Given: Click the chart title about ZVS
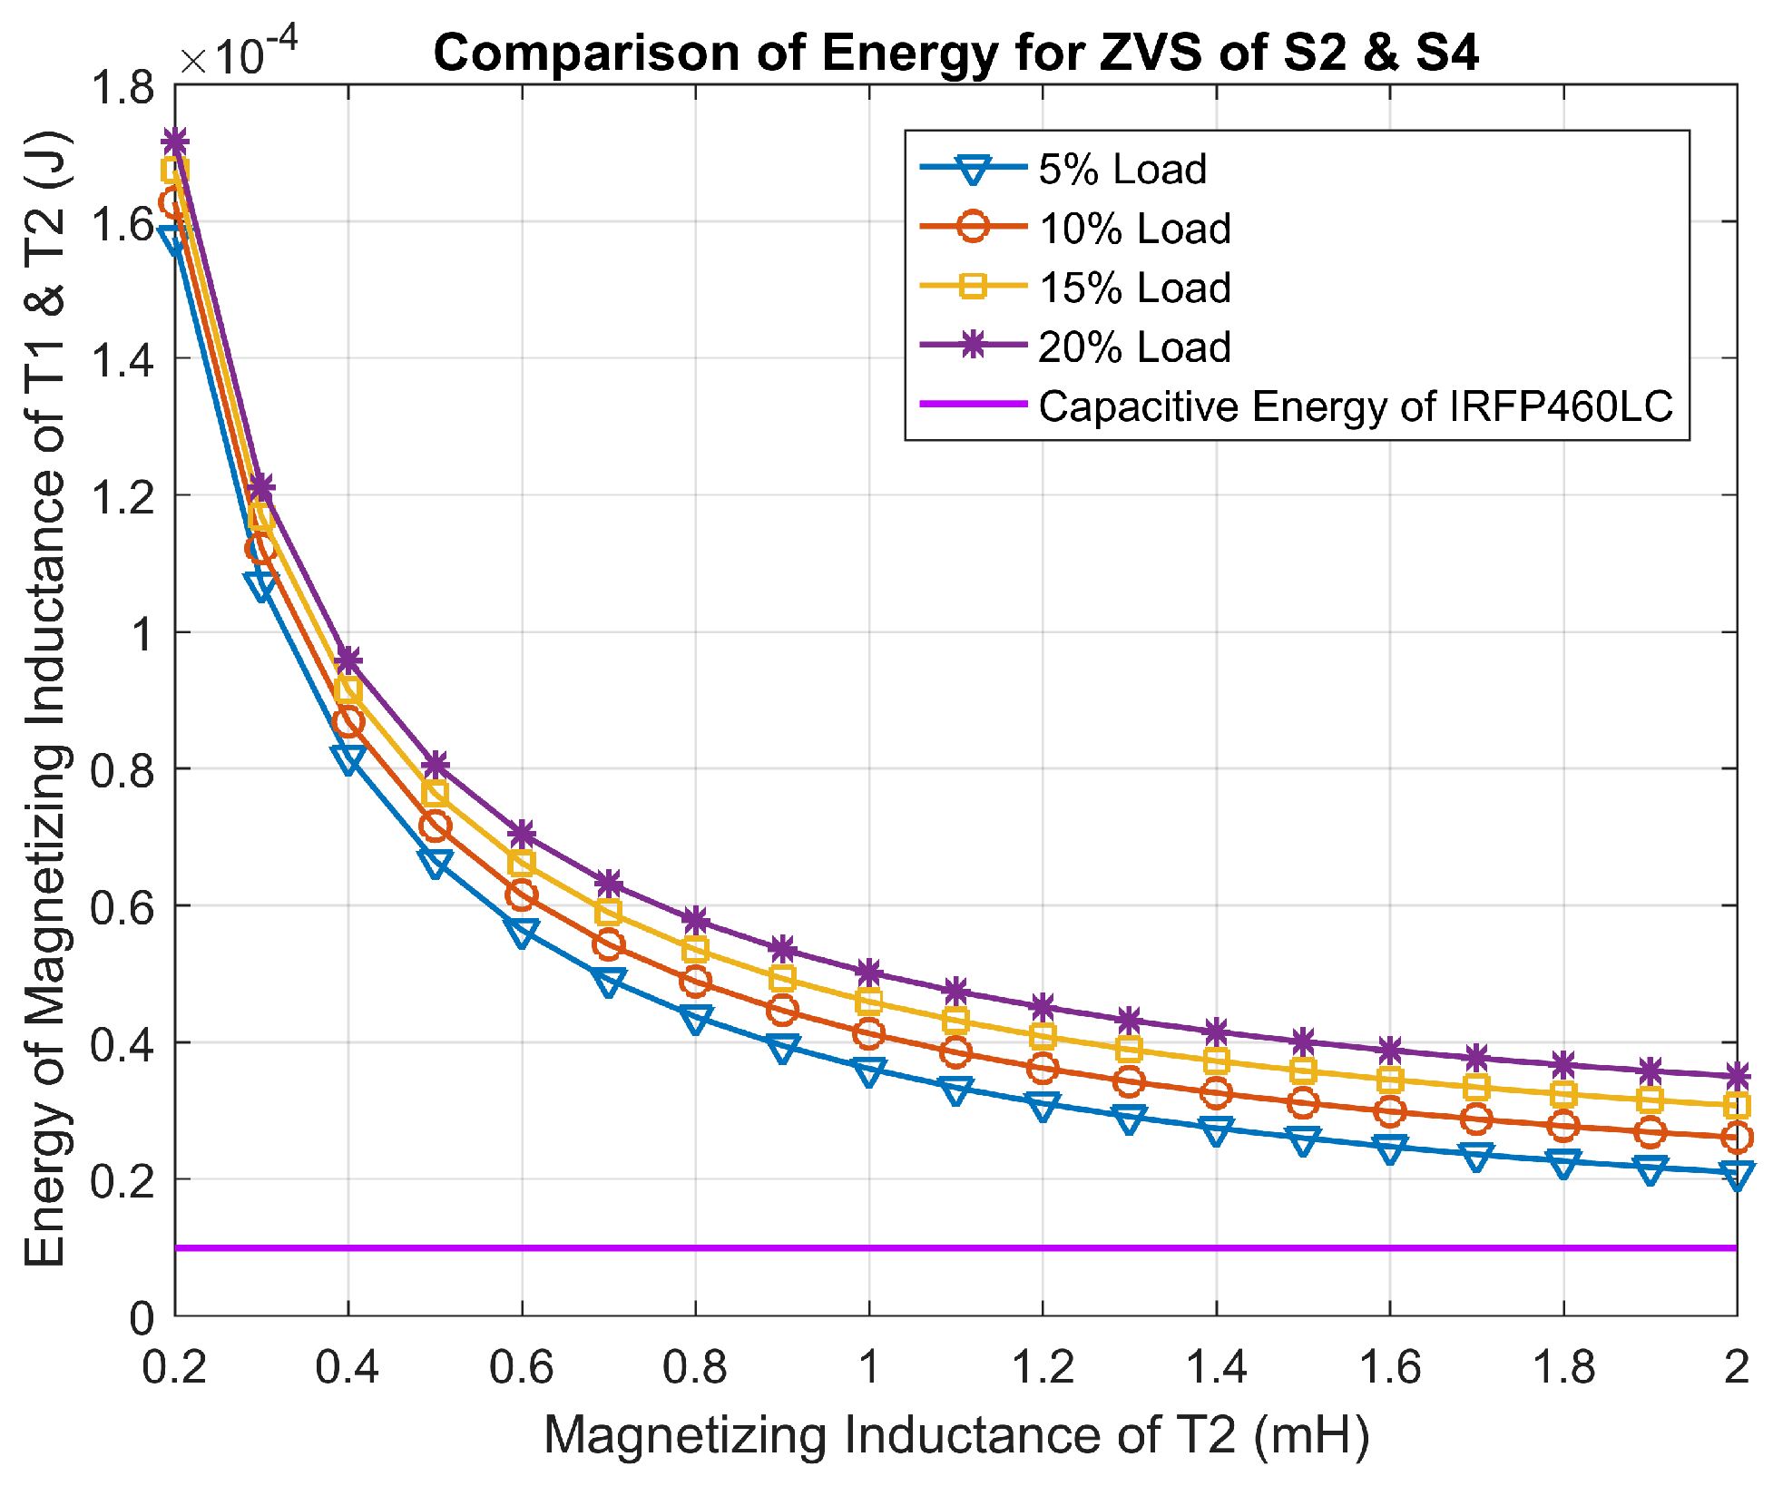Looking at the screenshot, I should point(955,53).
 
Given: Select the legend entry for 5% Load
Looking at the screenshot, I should point(1122,170).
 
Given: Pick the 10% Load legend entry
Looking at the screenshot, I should point(1134,229).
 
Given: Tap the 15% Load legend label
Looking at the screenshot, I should point(1134,288).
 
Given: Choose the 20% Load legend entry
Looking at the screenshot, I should point(1134,347).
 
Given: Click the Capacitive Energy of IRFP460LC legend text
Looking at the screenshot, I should point(1355,406).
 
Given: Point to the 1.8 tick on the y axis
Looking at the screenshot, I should point(122,88).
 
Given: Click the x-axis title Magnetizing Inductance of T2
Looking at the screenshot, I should point(955,1436).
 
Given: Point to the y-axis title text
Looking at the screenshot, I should point(45,699).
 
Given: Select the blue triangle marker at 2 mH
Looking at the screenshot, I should point(1736,1176).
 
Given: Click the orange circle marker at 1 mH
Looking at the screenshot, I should point(869,1033).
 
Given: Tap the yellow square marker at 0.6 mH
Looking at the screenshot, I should point(522,863).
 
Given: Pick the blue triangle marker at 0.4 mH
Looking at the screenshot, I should point(348,758).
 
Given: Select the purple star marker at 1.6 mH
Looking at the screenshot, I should point(1389,1051).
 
